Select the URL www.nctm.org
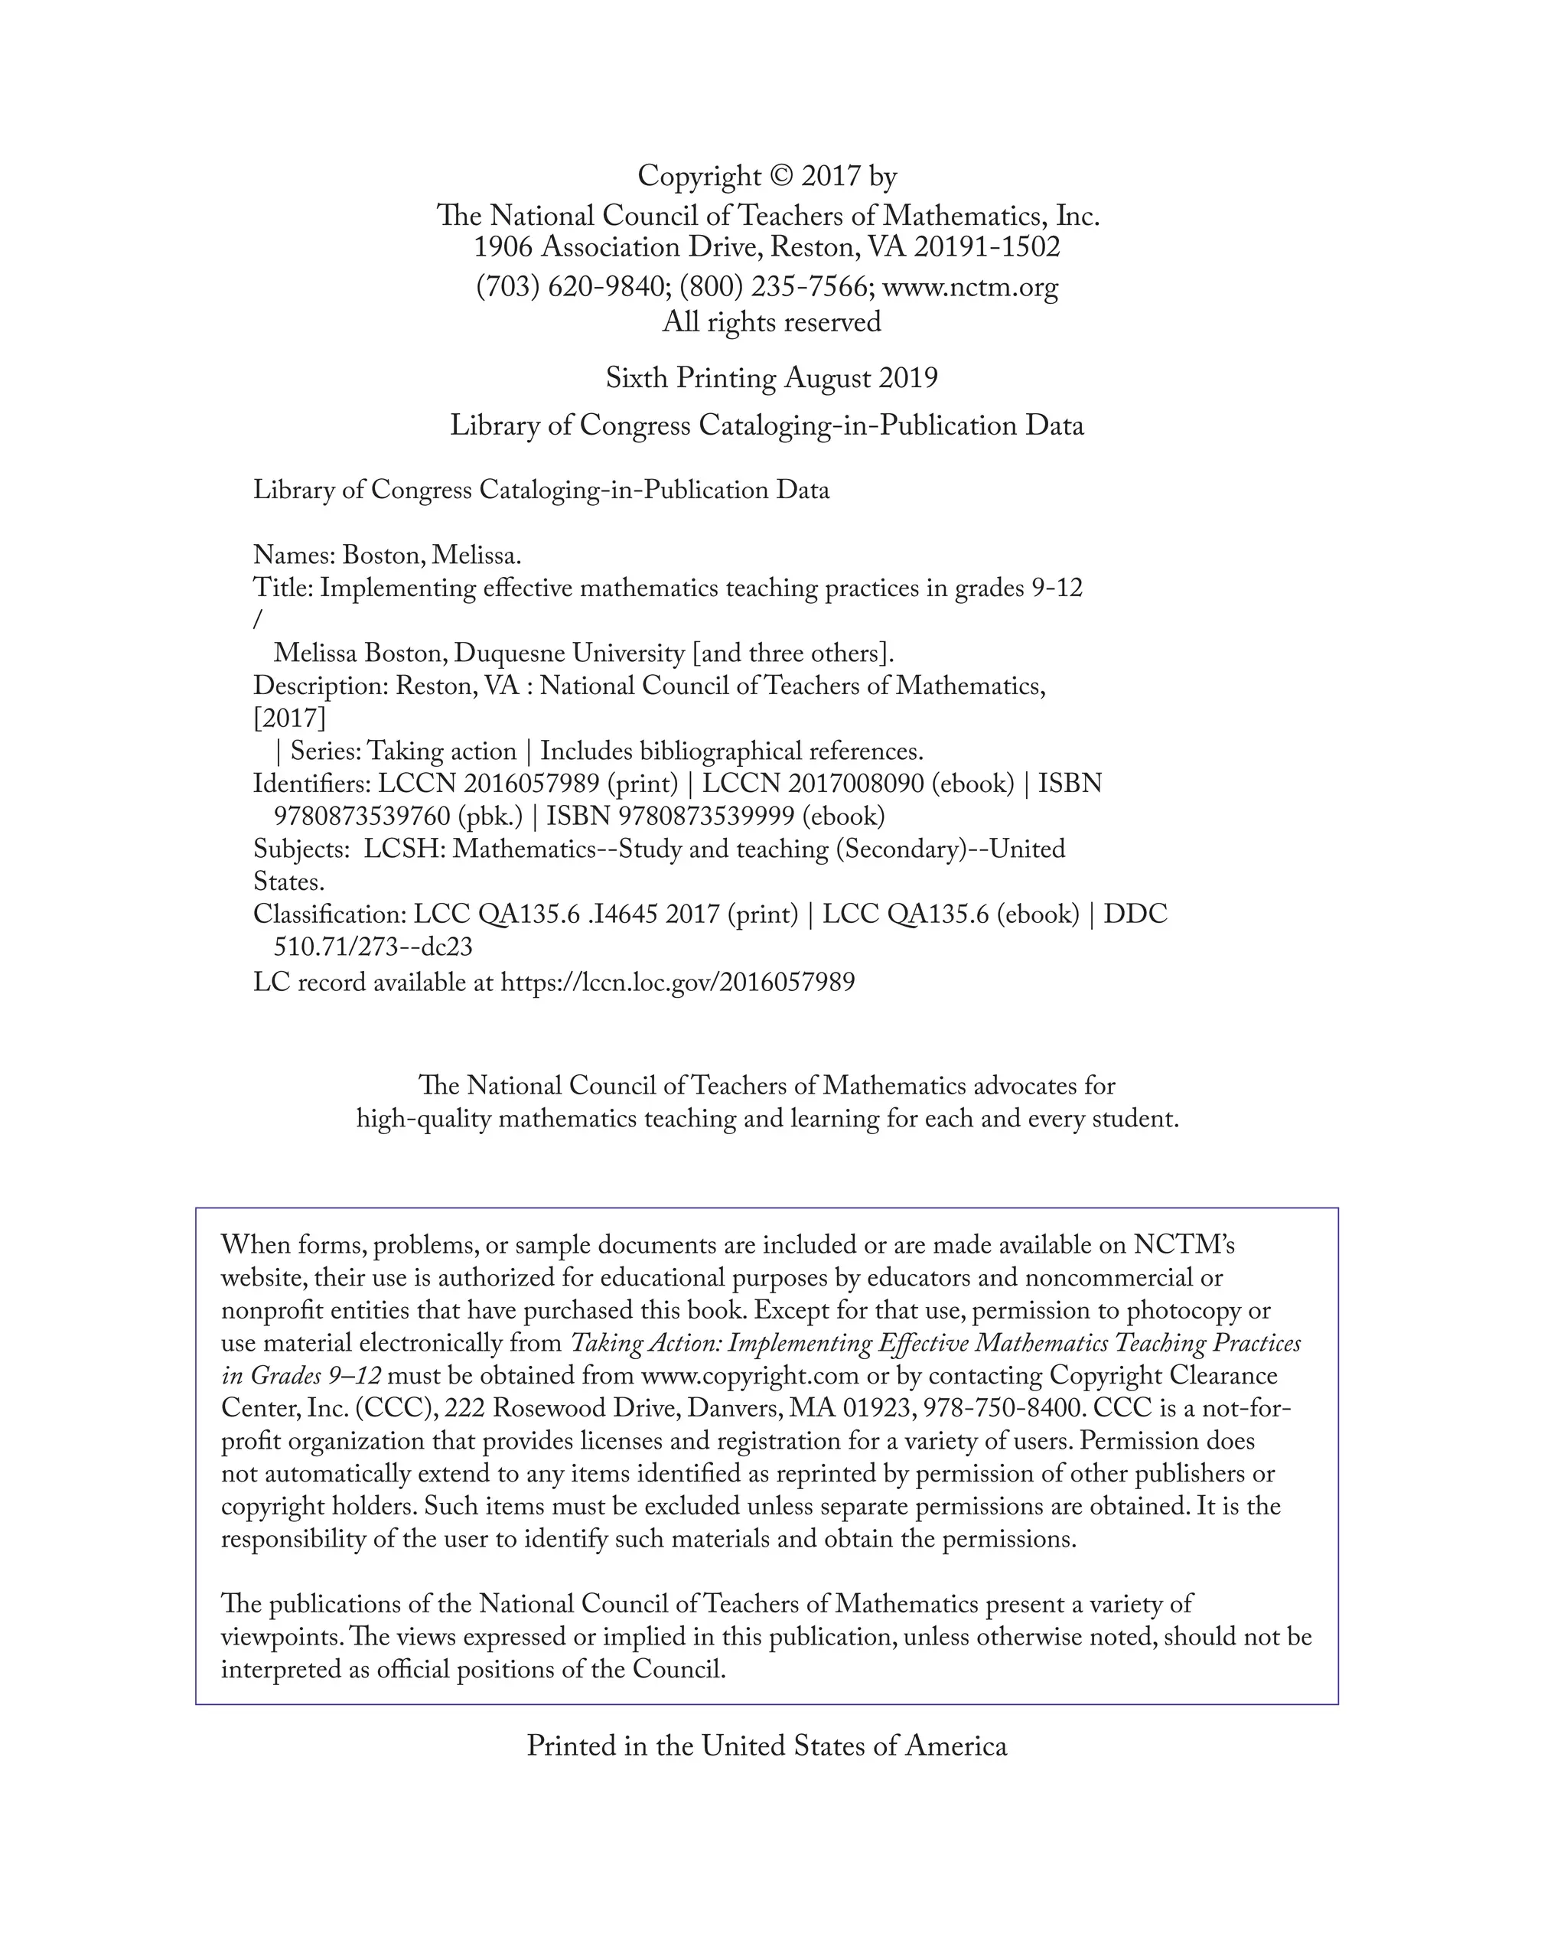tap(970, 287)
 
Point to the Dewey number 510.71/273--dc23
tap(373, 947)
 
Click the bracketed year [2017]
tap(289, 719)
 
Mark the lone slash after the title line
tap(258, 621)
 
